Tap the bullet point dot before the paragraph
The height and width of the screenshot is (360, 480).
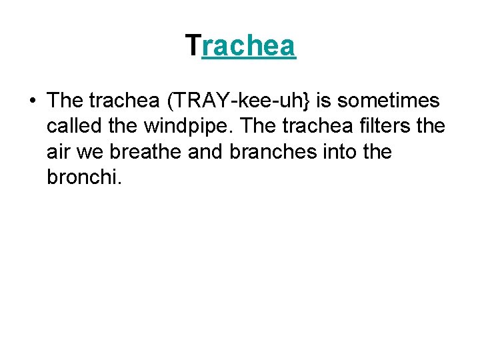pyautogui.click(x=32, y=101)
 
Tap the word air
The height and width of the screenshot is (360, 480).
pyautogui.click(x=58, y=152)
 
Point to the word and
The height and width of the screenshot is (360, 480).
pyautogui.click(x=207, y=152)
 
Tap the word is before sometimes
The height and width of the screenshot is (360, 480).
pyautogui.click(x=324, y=101)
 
